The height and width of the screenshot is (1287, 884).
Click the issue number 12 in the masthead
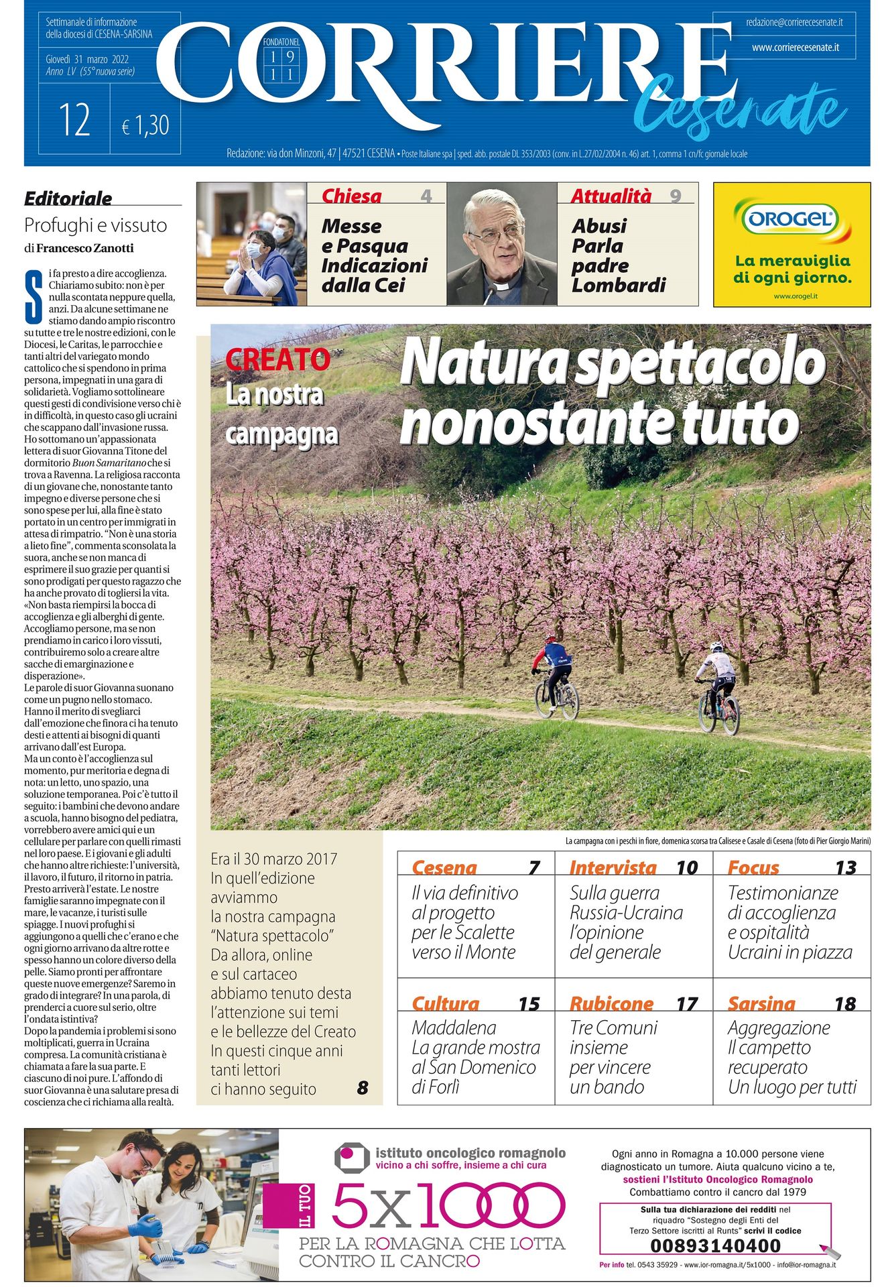[x=74, y=121]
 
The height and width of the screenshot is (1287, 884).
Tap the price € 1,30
[x=145, y=125]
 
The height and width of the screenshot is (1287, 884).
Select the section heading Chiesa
[x=351, y=196]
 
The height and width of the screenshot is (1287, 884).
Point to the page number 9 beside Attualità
[x=675, y=196]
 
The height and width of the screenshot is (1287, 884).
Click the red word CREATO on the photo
[x=277, y=360]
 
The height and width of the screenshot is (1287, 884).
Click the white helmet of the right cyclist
[x=716, y=646]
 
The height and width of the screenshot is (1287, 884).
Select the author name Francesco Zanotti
[x=84, y=248]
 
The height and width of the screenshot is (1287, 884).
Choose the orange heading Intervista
[x=613, y=867]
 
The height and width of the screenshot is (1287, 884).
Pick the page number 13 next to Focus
[x=845, y=868]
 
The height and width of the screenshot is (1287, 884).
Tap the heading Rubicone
[x=611, y=1003]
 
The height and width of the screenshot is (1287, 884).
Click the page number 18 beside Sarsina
[x=844, y=1003]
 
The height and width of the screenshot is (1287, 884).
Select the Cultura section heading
[x=445, y=1003]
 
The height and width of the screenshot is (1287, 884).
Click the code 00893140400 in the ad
[x=715, y=1245]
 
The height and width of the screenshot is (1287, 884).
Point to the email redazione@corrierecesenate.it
[x=794, y=23]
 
